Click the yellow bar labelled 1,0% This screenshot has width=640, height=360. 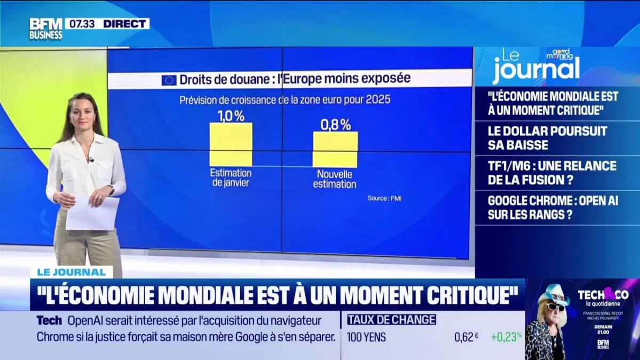230,145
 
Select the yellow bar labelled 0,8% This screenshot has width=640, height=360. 335,149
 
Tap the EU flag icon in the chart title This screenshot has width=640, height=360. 169,81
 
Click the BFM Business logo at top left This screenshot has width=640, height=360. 46,28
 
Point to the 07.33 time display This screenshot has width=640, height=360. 78,23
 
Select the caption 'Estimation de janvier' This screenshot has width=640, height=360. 230,178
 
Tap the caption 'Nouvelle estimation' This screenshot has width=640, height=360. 336,179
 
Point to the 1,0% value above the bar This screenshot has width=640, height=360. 230,116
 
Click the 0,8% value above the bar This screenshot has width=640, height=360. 335,125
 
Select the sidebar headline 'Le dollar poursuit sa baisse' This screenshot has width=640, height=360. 547,138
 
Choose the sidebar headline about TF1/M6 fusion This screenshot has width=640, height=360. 551,173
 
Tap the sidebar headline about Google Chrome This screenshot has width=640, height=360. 551,208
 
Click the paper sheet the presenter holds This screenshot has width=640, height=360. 92,213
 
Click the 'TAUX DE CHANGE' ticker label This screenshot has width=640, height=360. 391,320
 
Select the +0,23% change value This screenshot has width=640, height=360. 506,337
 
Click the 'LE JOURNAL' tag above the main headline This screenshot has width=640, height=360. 71,272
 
